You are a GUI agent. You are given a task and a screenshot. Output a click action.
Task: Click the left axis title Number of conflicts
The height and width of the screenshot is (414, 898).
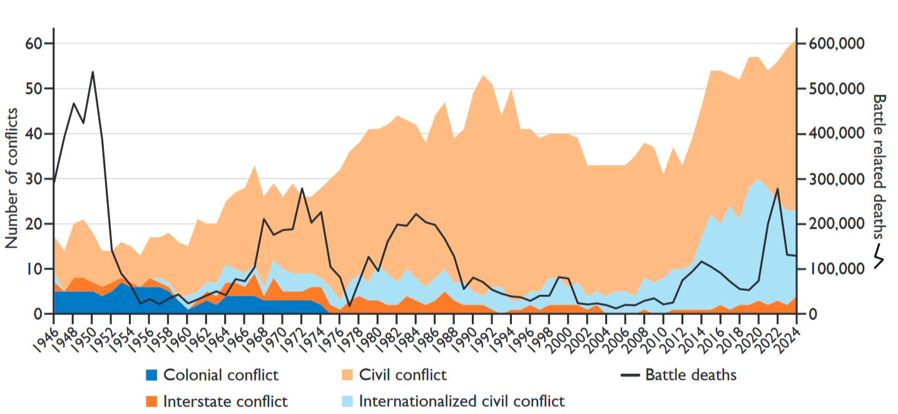[x=12, y=179]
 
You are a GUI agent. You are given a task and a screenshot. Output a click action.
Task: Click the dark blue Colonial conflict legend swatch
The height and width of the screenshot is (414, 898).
[x=151, y=376]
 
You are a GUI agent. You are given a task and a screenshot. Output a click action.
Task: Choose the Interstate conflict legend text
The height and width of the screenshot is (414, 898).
[x=225, y=401]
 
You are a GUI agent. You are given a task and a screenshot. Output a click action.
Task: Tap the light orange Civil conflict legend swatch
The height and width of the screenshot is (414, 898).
[x=347, y=376]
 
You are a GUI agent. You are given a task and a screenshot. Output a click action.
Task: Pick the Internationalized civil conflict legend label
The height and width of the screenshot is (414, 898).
[x=462, y=401]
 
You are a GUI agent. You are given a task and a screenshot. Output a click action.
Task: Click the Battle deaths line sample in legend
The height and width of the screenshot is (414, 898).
[x=630, y=376]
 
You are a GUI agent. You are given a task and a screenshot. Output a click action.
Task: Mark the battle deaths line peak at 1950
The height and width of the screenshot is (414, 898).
[x=93, y=72]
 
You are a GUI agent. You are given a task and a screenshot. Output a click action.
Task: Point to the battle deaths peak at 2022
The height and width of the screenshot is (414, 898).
[x=777, y=189]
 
